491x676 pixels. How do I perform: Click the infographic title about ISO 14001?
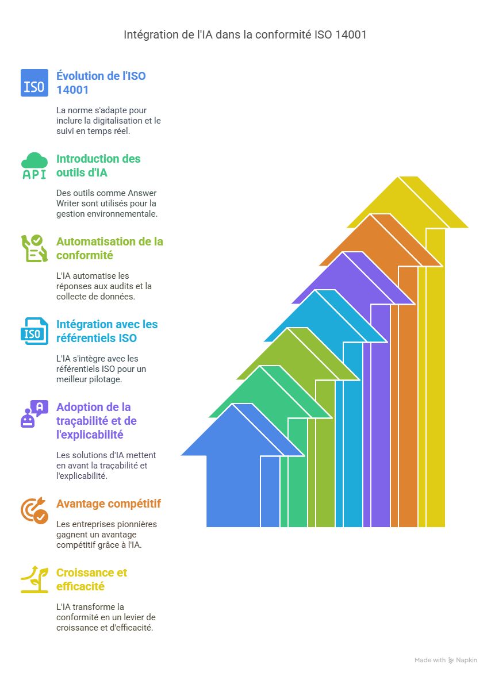tap(245, 34)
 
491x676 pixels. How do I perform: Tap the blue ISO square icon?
tap(34, 83)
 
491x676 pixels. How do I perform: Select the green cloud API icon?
tap(34, 166)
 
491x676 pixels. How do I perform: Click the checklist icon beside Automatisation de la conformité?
tap(34, 248)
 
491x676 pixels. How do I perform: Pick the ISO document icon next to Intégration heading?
tap(34, 331)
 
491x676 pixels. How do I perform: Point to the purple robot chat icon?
tap(34, 414)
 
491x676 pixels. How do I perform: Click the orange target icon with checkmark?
tap(34, 510)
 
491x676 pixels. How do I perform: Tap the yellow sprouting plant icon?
tap(34, 579)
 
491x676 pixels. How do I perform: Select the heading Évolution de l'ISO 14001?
tap(101, 83)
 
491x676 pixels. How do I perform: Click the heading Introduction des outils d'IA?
tap(98, 166)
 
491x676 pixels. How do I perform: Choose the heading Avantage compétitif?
tap(109, 504)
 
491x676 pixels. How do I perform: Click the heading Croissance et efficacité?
tap(92, 579)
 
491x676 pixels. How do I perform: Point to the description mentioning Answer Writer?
tap(107, 203)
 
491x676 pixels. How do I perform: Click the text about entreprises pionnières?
tap(106, 535)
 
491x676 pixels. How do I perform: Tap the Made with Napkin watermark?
tap(446, 660)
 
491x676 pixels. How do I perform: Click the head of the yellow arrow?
tap(408, 202)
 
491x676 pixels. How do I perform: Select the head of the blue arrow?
tap(243, 430)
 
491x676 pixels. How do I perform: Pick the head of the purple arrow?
tap(353, 278)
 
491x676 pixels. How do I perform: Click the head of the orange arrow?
tap(381, 240)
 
